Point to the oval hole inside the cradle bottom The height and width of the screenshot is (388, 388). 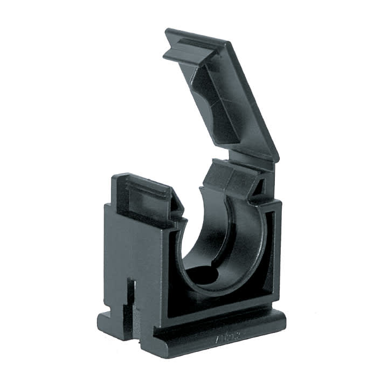point(205,275)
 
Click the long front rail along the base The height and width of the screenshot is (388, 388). point(216,334)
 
